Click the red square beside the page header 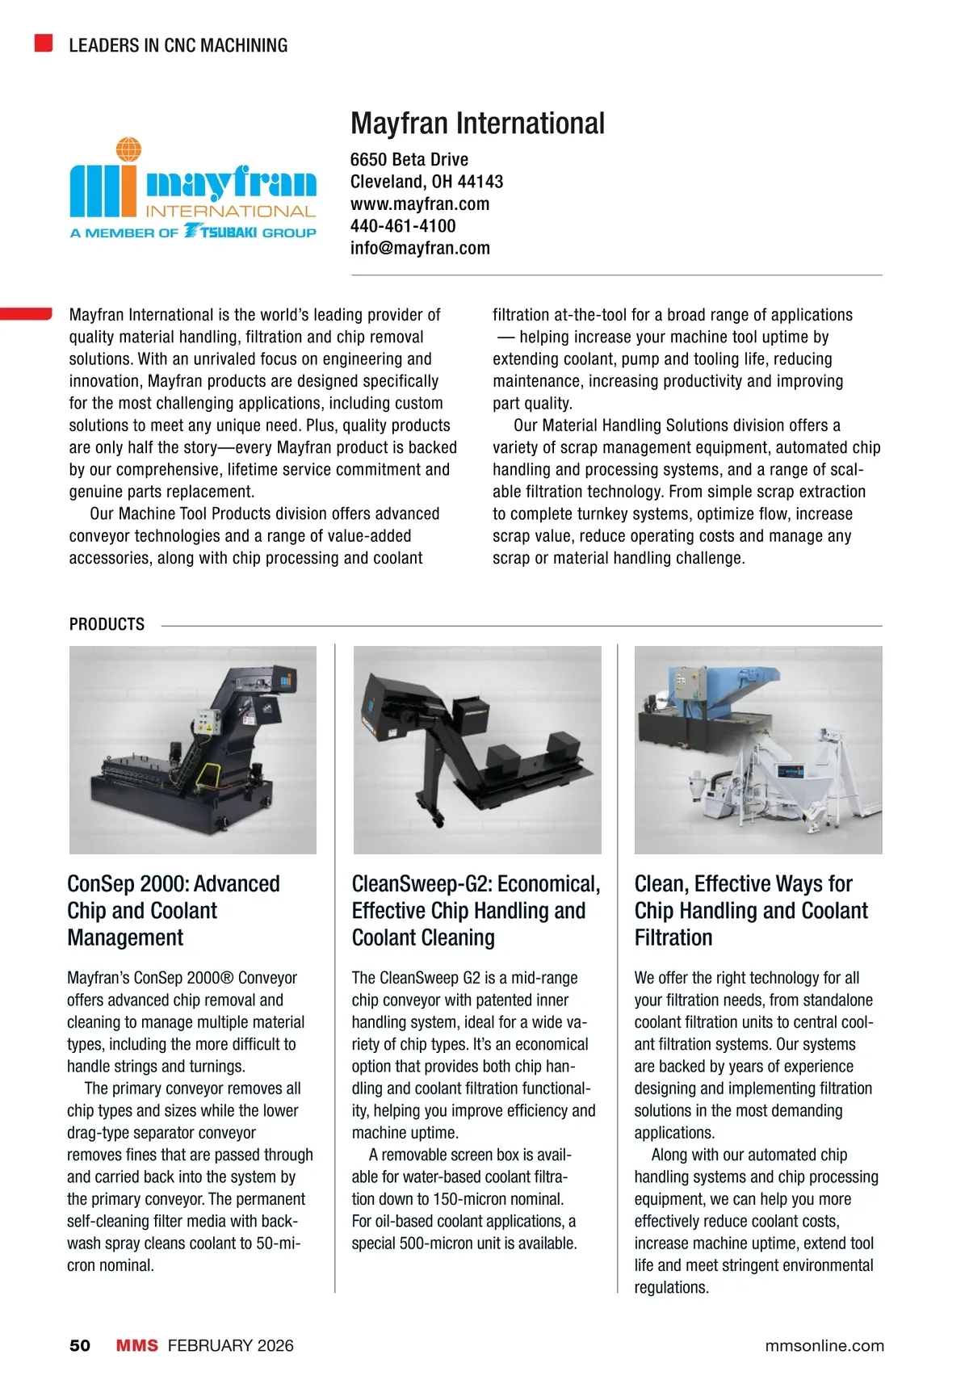point(44,43)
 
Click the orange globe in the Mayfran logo point(128,149)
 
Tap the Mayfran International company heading point(477,124)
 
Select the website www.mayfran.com point(419,203)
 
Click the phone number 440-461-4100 point(403,226)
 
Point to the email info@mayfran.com point(420,248)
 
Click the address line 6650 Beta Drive point(409,159)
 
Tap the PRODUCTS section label point(107,624)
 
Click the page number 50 point(80,1345)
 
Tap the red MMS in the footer point(136,1345)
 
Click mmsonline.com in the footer point(824,1345)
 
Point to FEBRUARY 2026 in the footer point(231,1345)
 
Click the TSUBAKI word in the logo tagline point(228,233)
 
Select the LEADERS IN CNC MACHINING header point(178,45)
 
